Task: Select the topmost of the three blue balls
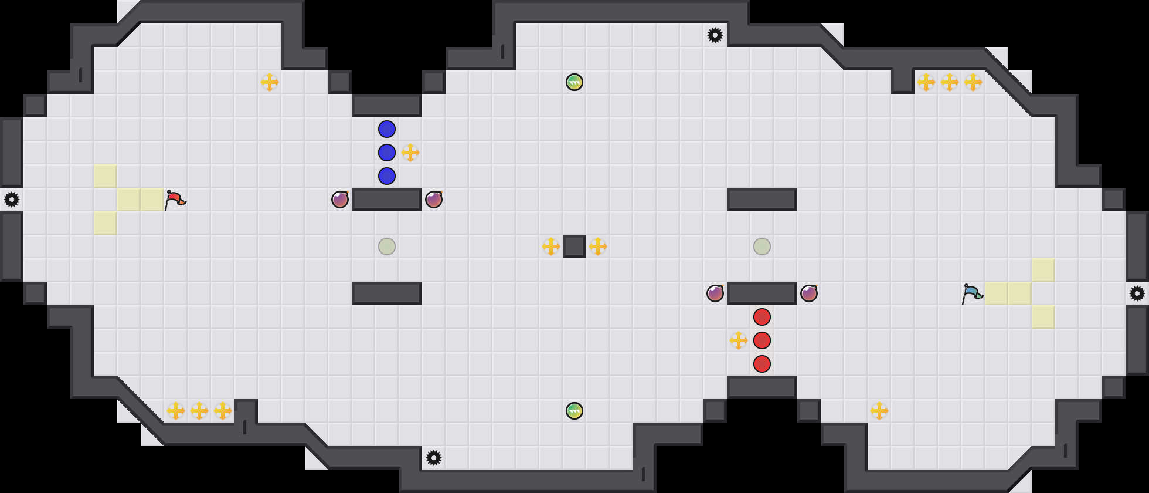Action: (x=387, y=129)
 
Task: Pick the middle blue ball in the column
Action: (x=387, y=153)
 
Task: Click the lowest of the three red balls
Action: (x=762, y=364)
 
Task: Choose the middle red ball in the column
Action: (x=762, y=340)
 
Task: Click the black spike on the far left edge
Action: (x=12, y=200)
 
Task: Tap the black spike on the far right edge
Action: (x=1137, y=293)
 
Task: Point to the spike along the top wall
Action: (x=715, y=35)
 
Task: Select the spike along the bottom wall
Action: (x=434, y=458)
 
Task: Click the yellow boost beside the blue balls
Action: (x=410, y=153)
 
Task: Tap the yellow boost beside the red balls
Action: (x=739, y=340)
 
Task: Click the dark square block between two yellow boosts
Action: (x=574, y=246)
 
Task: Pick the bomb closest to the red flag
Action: (x=340, y=200)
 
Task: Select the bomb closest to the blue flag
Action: (x=809, y=293)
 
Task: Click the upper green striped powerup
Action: (x=574, y=82)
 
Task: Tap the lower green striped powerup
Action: (x=574, y=411)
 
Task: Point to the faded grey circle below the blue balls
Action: (x=387, y=246)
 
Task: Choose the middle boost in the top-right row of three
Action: (x=950, y=82)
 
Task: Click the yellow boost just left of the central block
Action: (x=551, y=246)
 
